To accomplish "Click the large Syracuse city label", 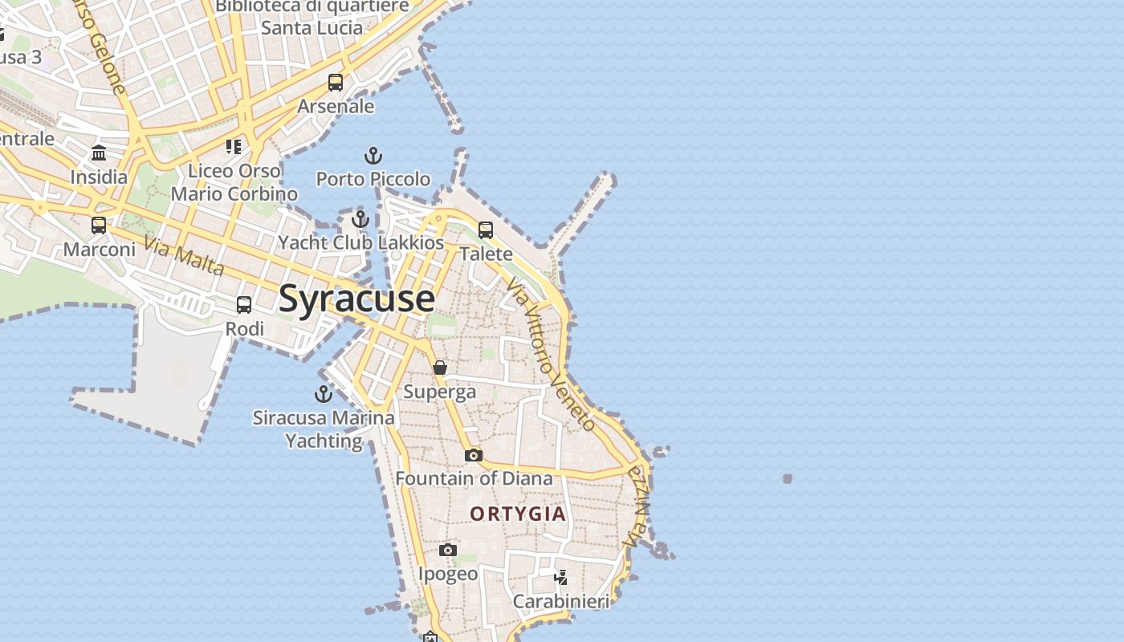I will (356, 299).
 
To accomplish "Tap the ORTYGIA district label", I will (518, 514).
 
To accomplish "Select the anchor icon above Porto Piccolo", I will (373, 155).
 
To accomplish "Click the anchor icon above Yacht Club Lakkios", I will (360, 218).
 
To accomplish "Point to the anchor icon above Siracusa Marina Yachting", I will (323, 393).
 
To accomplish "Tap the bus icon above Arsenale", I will (336, 83).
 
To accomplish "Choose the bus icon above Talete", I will (486, 230).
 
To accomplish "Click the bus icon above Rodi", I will (244, 305).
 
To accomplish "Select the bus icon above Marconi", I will (99, 226).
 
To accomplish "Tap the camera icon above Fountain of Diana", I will (474, 455).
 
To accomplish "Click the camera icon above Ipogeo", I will (448, 550).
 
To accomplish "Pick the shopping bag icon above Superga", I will (440, 368).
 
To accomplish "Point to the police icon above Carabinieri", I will (561, 577).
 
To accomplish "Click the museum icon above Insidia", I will (99, 152).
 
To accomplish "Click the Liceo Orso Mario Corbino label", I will (234, 182).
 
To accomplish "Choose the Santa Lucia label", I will (312, 27).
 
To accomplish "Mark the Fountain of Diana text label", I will (474, 478).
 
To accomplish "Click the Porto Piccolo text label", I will (373, 178).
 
